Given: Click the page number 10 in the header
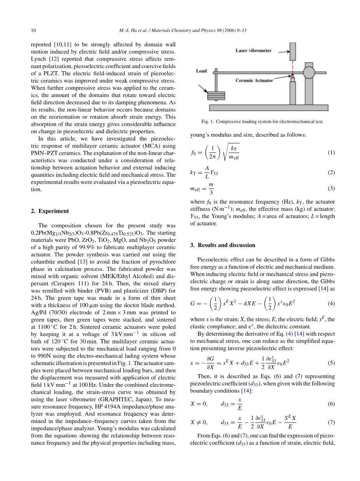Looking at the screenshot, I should (x=33, y=30).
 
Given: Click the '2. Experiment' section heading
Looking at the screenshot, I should (x=50, y=211).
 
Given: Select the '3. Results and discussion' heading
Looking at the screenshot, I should (x=223, y=245).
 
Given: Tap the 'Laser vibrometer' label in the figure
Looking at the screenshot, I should (x=253, y=51).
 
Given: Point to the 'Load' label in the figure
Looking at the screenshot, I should (x=201, y=71).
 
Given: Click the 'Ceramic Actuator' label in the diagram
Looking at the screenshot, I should (x=254, y=81).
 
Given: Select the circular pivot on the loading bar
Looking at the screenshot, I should (x=309, y=72).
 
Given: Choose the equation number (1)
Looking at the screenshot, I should (x=331, y=152).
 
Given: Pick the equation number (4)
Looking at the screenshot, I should (x=331, y=303).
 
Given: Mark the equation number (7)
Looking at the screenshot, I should (x=331, y=422).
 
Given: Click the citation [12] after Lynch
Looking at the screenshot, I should (x=53, y=59).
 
